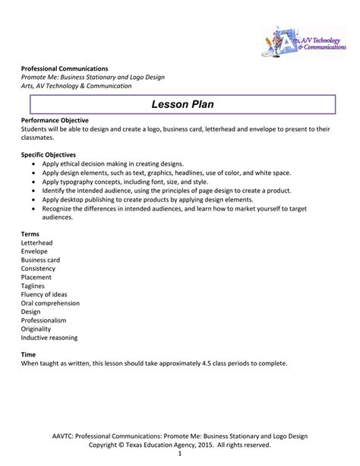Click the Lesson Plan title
(x=179, y=103)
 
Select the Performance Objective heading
(x=55, y=120)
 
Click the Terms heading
(x=30, y=233)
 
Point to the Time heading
(x=29, y=354)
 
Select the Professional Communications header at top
(x=65, y=69)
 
